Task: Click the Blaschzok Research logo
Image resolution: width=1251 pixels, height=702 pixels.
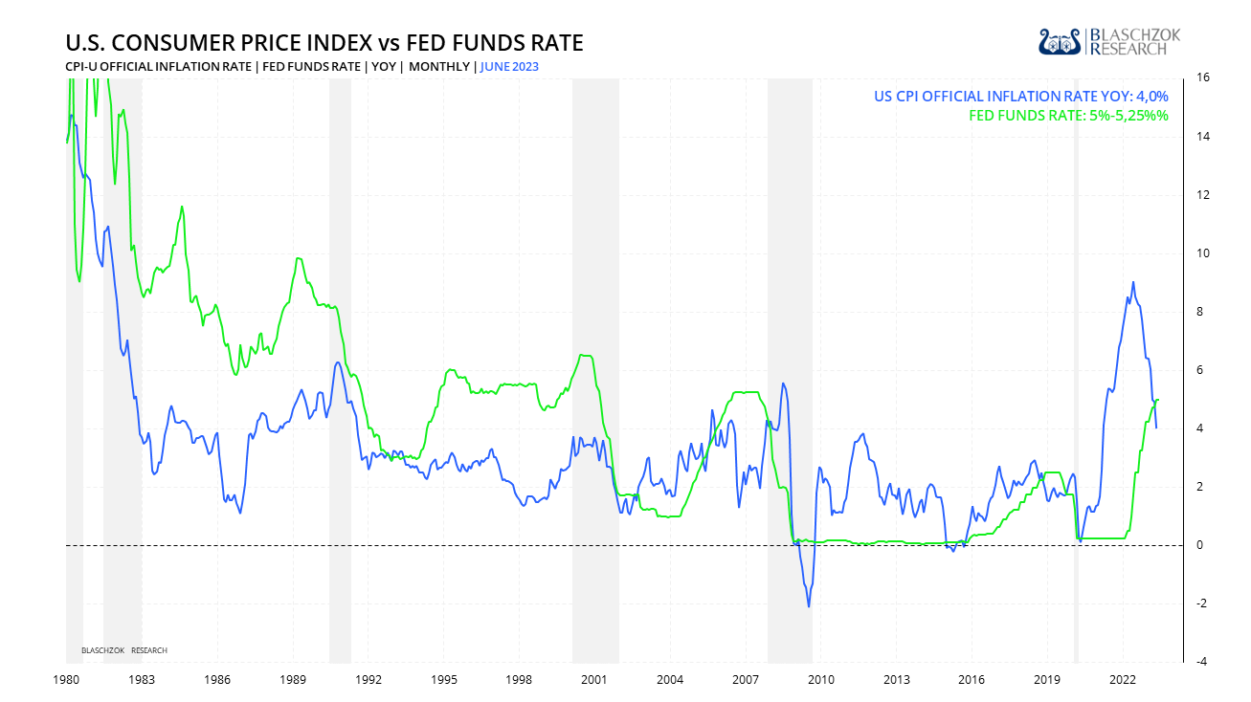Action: [1109, 41]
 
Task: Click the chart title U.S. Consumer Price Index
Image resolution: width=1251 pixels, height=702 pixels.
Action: [324, 43]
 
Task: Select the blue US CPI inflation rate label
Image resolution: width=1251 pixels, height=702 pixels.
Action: [1020, 96]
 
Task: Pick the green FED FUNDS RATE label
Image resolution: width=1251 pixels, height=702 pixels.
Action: [1068, 116]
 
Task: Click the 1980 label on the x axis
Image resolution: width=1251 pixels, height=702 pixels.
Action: [66, 680]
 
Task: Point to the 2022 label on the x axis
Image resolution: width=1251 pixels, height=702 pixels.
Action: [1123, 680]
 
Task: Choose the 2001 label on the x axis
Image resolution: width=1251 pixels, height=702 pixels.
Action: [594, 680]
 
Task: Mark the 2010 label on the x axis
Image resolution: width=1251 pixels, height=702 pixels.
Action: [820, 680]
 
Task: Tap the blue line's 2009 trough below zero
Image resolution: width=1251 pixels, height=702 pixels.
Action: [809, 606]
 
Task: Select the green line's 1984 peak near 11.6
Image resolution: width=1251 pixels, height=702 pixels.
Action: [182, 207]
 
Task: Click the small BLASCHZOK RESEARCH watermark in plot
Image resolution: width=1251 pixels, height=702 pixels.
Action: [124, 650]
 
